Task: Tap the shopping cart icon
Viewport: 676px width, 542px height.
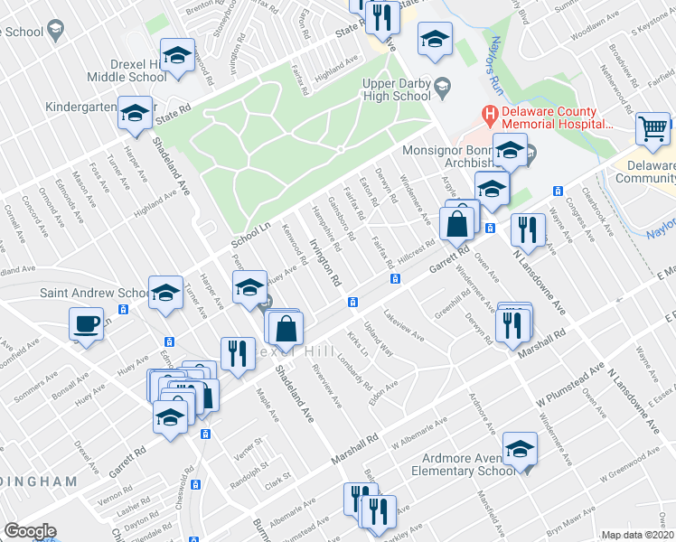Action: [x=653, y=128]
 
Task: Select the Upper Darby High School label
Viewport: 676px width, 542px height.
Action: [x=396, y=89]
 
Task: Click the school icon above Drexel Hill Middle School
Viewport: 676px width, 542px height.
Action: [x=178, y=54]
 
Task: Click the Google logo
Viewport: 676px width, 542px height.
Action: [x=30, y=531]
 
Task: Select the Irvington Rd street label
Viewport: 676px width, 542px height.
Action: [x=325, y=262]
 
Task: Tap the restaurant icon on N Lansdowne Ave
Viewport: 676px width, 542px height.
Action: [x=527, y=229]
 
